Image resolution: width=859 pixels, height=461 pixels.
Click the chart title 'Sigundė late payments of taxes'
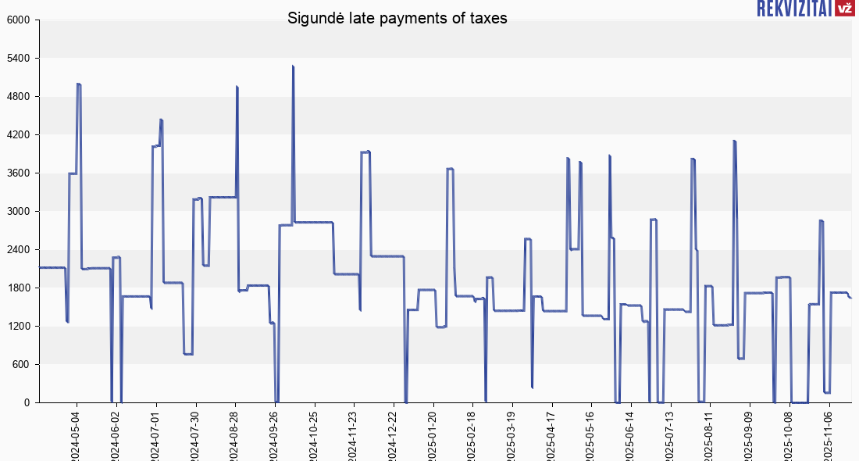tap(397, 18)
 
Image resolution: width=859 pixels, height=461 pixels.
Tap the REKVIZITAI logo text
tap(793, 9)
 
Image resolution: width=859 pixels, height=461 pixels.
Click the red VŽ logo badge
tap(844, 9)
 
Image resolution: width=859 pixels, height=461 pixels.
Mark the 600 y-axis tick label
tap(20, 365)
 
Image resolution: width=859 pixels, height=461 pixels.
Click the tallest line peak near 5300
tap(293, 66)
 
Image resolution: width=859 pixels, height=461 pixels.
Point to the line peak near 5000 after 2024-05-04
tap(79, 84)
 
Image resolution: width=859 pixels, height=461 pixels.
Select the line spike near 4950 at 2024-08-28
tap(237, 87)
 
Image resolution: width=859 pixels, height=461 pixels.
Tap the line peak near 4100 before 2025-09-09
tap(734, 141)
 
